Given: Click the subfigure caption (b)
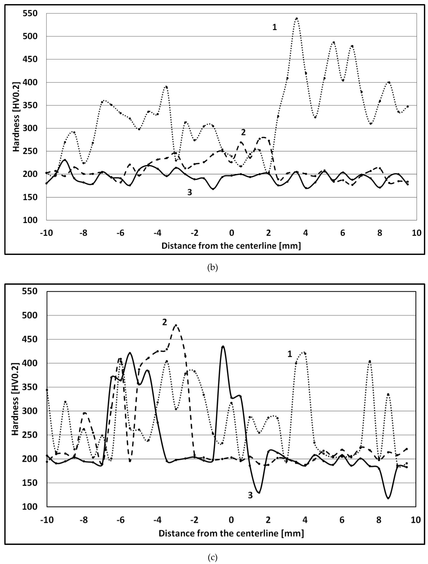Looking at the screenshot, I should coord(212,267).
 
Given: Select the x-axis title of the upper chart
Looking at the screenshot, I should coord(231,246).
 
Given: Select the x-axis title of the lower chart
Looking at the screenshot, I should coord(231,533).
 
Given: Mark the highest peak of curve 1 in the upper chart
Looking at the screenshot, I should coord(296,18).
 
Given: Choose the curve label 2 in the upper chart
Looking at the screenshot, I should coord(243,132).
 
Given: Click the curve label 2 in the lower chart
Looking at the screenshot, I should coord(165,322).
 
